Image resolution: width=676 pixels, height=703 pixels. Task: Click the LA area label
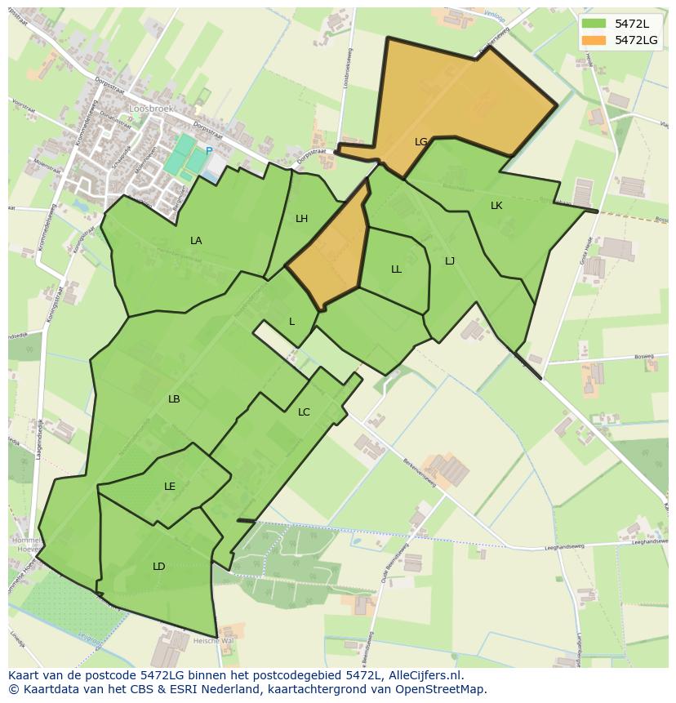tap(196, 241)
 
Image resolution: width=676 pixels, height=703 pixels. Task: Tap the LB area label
tap(174, 399)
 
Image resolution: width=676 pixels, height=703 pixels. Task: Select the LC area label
tap(304, 412)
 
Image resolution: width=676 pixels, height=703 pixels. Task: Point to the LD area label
tap(159, 567)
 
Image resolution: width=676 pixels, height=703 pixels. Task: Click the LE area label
tap(170, 487)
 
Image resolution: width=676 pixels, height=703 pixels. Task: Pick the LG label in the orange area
tap(421, 142)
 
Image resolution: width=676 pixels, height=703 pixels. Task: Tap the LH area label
tap(302, 219)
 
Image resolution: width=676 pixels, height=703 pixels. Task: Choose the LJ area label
tap(450, 261)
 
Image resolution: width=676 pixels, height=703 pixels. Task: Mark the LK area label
tap(496, 206)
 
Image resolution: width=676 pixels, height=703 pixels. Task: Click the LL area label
tap(396, 269)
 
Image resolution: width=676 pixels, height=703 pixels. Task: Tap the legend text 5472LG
tap(637, 40)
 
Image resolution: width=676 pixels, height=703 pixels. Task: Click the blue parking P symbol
tap(209, 151)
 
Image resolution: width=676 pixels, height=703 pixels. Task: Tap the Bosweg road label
tap(644, 356)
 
